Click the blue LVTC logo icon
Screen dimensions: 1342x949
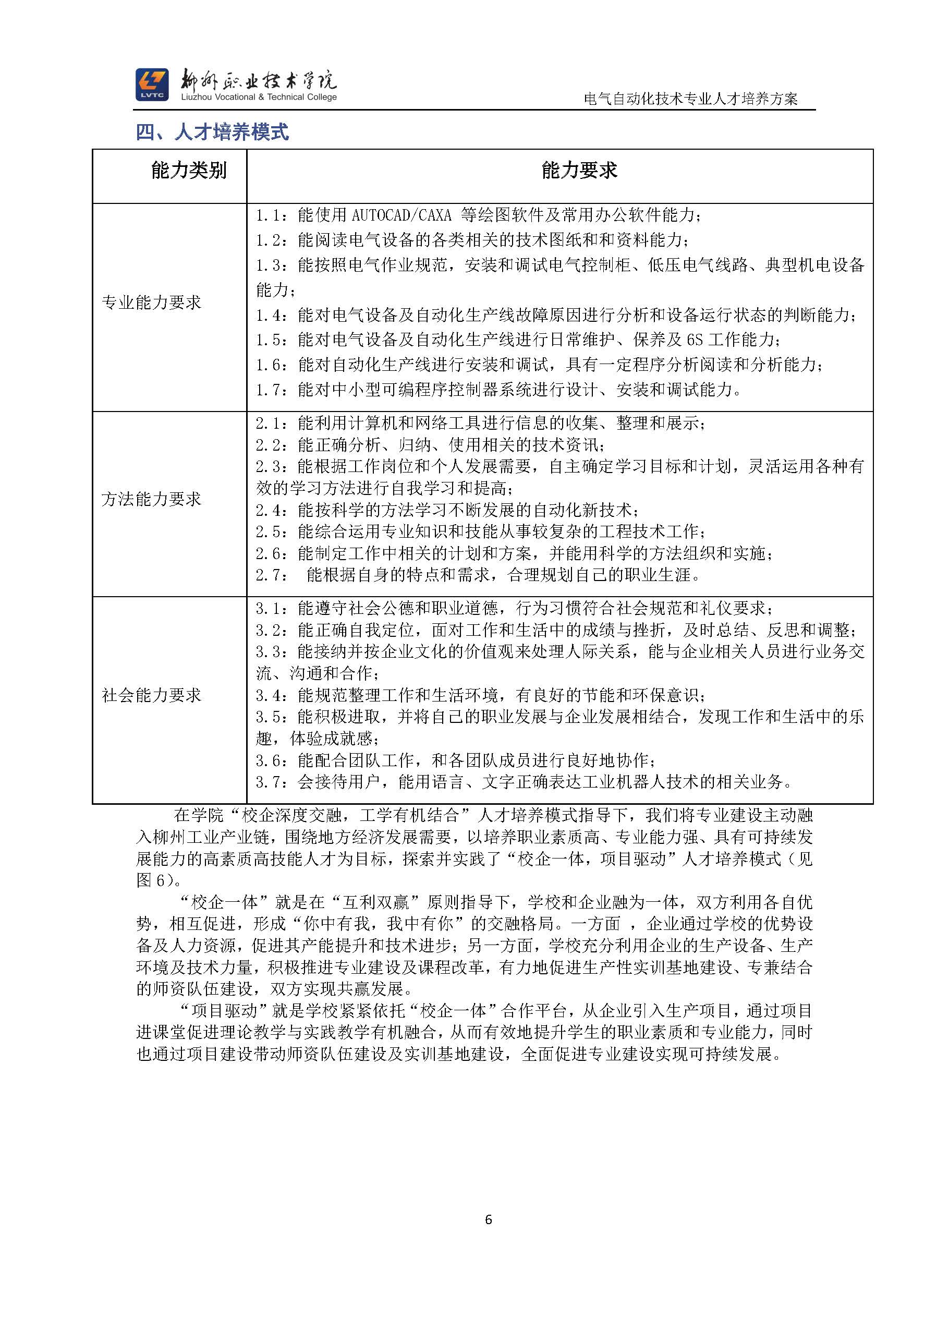(152, 84)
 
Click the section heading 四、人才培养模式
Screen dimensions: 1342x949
(212, 132)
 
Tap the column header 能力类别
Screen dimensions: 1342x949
(188, 171)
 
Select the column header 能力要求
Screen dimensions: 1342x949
(579, 171)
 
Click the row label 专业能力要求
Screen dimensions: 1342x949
(151, 302)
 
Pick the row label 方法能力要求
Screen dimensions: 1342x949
(151, 499)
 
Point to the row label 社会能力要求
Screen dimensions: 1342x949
(151, 695)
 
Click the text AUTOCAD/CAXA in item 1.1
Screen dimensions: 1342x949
(401, 216)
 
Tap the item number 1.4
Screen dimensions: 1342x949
(270, 316)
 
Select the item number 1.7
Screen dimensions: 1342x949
(270, 390)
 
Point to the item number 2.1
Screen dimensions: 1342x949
(270, 423)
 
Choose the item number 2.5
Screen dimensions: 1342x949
(270, 532)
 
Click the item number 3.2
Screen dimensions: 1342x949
(270, 630)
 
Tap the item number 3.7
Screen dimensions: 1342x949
(270, 782)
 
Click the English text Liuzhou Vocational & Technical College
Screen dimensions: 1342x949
(259, 97)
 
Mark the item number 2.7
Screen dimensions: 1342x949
(270, 575)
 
